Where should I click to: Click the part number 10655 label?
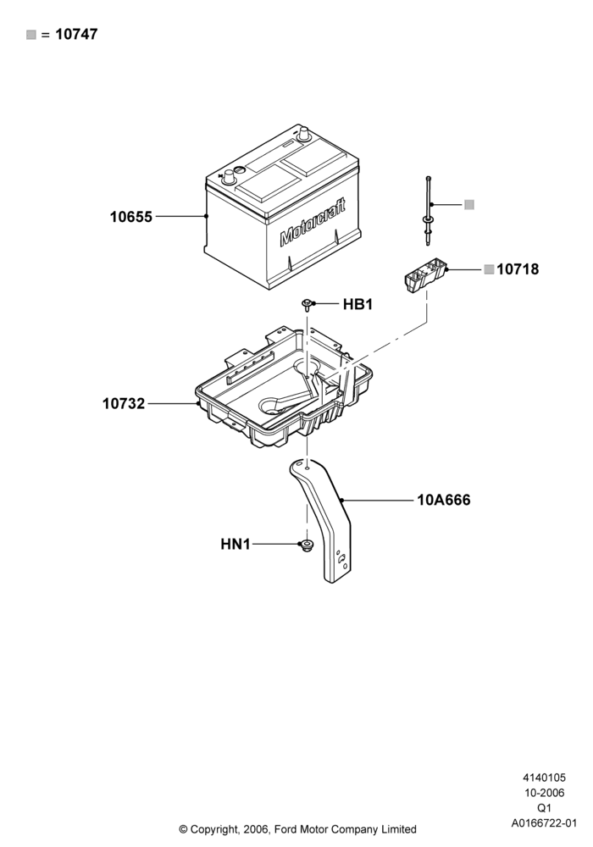131,217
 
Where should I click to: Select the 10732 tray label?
124,403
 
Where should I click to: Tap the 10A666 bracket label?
443,500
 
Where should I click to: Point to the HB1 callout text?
358,304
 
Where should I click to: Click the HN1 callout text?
236,544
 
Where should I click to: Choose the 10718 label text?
518,269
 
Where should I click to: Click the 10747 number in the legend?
77,34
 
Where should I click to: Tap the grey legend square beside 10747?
31,35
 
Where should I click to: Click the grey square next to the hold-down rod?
469,205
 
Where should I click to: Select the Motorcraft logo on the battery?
313,222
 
